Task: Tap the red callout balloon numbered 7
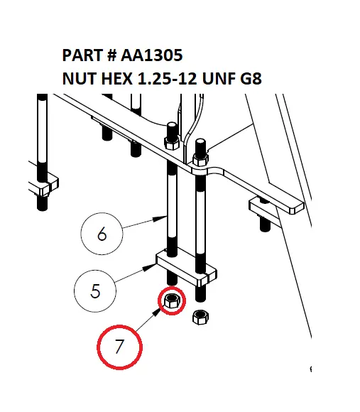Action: pyautogui.click(x=119, y=346)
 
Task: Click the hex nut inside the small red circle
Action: pyautogui.click(x=171, y=302)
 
